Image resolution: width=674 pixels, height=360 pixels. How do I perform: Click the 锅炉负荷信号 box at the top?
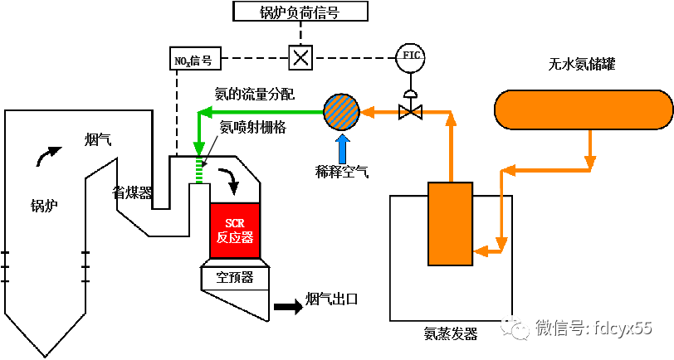pos(299,11)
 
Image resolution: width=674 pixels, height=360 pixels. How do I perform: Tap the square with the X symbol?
pos(300,57)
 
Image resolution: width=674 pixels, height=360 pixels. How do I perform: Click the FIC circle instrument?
pos(410,56)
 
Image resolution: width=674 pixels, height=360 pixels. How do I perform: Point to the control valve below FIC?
pos(409,109)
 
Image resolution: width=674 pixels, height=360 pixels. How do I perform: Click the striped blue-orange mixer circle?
pos(340,109)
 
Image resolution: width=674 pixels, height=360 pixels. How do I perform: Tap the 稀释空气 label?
pos(342,172)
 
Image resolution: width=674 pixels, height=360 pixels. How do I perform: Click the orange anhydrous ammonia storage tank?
pos(584,110)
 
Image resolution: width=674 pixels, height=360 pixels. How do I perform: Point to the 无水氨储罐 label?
pos(580,64)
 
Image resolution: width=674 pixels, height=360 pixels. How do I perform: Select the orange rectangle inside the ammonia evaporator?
pos(450,224)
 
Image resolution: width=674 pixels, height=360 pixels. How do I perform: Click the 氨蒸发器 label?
pos(451,334)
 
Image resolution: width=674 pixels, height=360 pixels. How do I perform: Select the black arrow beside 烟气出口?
pos(288,306)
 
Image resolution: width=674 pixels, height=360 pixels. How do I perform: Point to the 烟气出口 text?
pos(331,299)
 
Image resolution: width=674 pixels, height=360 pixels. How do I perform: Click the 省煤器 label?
pos(132,192)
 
